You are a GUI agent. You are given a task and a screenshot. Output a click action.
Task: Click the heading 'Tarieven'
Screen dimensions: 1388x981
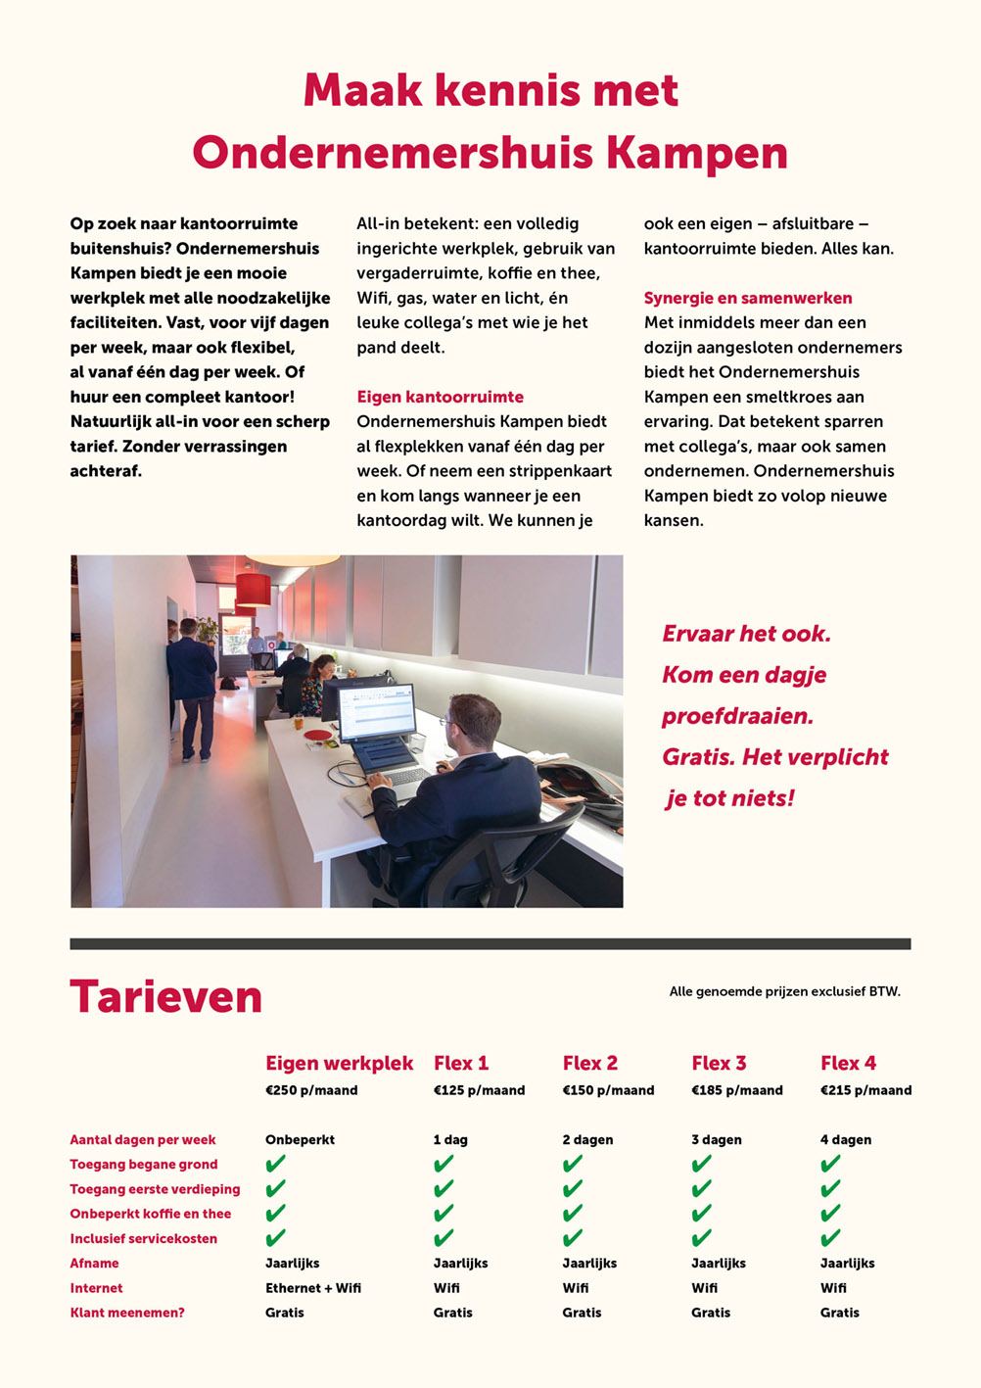click(165, 997)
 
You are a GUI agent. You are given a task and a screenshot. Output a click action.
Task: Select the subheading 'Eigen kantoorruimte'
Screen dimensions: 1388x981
click(440, 397)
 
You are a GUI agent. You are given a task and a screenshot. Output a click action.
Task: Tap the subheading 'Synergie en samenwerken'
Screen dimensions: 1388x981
click(747, 298)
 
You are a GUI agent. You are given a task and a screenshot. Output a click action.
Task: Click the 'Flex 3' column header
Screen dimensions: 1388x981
click(719, 1063)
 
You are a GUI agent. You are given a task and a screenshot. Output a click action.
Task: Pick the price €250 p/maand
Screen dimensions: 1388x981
click(311, 1090)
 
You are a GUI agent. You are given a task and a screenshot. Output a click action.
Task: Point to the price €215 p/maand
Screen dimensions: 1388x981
click(865, 1090)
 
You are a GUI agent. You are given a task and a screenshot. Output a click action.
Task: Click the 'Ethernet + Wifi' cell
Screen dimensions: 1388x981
click(313, 1288)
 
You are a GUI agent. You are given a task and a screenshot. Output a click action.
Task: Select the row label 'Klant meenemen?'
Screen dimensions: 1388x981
click(127, 1313)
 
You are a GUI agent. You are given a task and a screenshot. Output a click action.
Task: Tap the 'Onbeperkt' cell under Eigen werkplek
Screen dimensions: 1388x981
click(300, 1139)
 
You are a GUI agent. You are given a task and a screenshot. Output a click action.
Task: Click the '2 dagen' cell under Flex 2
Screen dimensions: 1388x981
click(587, 1139)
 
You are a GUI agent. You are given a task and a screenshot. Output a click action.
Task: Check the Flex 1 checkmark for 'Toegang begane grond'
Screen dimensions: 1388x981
click(444, 1164)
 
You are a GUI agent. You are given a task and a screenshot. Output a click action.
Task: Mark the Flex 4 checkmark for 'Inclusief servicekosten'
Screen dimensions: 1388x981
click(831, 1238)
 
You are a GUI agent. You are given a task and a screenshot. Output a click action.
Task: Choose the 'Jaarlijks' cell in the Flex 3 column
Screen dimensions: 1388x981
click(719, 1263)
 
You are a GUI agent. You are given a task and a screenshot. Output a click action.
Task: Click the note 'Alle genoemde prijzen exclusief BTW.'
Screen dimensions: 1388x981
click(784, 991)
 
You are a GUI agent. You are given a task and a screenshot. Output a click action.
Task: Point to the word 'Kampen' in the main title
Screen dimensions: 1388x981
click(696, 153)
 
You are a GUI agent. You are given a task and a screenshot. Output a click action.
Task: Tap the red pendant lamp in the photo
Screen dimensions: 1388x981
click(254, 590)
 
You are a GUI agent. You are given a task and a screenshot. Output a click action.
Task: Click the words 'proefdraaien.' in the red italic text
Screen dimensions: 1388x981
click(737, 716)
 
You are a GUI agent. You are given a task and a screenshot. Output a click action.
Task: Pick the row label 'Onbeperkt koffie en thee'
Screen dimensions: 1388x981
click(151, 1214)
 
